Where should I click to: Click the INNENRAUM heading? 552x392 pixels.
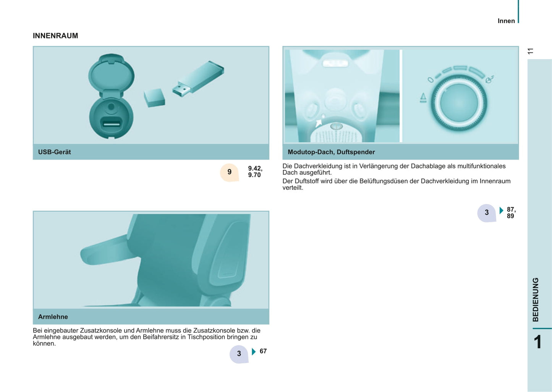(55, 36)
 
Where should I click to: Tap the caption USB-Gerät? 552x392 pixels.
(54, 152)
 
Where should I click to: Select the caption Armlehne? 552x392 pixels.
(53, 317)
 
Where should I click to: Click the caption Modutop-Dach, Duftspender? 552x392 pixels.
(331, 152)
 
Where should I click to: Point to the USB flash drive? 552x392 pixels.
(198, 79)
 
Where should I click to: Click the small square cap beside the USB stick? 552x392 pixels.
(154, 98)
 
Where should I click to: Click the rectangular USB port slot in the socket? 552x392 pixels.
(112, 123)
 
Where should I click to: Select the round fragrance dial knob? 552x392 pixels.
(459, 103)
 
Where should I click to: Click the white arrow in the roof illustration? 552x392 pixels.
(319, 123)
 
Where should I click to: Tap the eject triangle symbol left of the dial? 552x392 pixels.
(423, 98)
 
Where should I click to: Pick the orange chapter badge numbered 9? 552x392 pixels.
(230, 172)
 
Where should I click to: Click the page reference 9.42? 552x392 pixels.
(255, 168)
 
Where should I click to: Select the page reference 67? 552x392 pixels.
(263, 351)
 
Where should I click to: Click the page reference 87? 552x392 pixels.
(511, 209)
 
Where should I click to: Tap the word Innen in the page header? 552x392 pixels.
(506, 21)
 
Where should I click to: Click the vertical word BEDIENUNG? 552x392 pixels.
(536, 300)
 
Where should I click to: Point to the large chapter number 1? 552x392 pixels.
(538, 342)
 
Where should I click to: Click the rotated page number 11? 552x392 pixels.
(530, 51)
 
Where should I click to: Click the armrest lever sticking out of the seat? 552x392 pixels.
(106, 251)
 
